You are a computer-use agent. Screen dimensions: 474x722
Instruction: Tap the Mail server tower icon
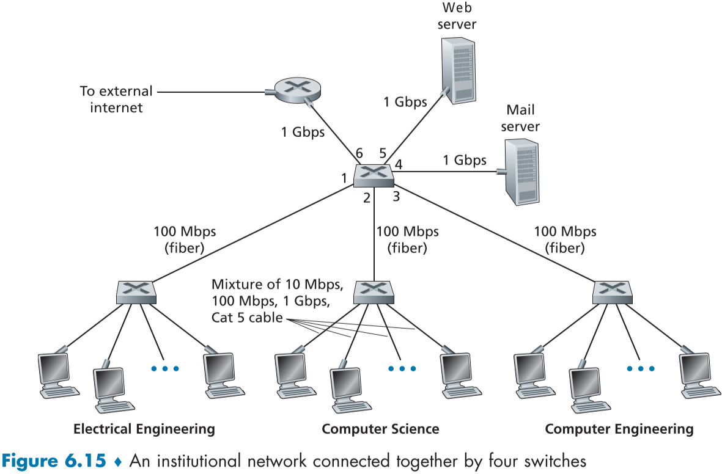click(521, 172)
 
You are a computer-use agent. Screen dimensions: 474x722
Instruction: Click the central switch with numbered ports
click(373, 175)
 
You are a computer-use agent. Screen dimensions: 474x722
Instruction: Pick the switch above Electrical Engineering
click(136, 292)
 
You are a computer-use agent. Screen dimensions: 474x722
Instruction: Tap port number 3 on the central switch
click(396, 197)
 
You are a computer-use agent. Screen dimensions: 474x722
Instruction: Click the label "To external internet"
click(116, 100)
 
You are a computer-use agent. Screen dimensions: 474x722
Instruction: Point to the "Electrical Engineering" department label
click(144, 429)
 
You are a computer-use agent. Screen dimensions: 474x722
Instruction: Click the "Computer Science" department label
click(380, 429)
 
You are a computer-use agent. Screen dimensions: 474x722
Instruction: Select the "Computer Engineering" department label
click(619, 429)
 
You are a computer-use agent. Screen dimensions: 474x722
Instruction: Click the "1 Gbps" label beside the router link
click(303, 132)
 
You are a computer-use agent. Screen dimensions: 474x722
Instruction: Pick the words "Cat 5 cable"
click(247, 317)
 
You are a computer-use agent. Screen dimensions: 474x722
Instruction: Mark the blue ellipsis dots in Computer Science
click(402, 368)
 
